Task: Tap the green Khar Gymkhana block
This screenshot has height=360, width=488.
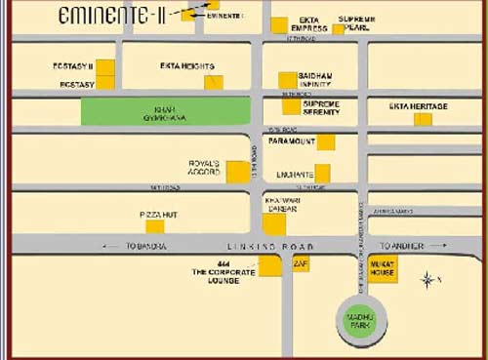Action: click(x=165, y=111)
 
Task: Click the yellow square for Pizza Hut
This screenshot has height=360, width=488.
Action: click(x=154, y=226)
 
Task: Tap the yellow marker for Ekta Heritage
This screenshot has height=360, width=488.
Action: click(x=423, y=119)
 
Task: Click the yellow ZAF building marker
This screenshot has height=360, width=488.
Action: click(x=301, y=264)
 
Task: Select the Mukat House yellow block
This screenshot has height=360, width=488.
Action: click(x=382, y=267)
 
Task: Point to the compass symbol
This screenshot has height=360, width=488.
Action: click(x=427, y=281)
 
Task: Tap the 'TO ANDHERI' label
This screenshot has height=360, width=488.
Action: click(x=403, y=246)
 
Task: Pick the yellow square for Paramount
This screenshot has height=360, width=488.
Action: click(x=326, y=142)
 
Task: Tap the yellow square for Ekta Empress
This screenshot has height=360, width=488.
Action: click(x=279, y=25)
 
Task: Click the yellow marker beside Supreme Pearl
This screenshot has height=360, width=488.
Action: click(x=339, y=29)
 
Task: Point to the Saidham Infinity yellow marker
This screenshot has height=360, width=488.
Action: click(x=287, y=80)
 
